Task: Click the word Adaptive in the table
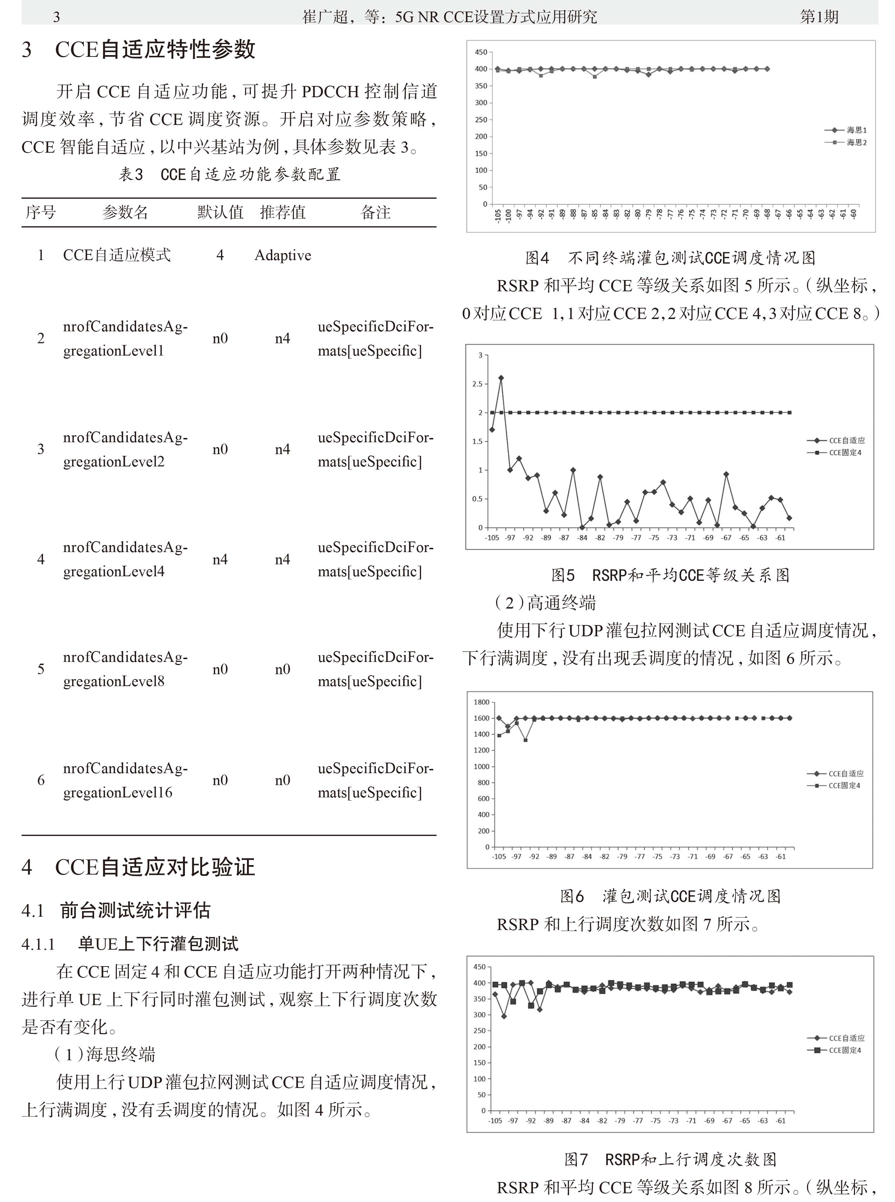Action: pos(283,255)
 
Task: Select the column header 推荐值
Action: pos(283,212)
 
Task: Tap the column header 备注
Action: pos(375,212)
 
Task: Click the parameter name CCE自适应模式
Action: pos(116,255)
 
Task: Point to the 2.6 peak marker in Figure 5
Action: pos(501,378)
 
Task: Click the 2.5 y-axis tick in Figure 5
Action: pos(477,384)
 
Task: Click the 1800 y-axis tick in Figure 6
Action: pos(481,702)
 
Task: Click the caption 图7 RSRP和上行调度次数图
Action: pos(670,1159)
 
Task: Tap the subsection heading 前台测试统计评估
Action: pos(135,910)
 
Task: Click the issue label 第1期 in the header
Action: pos(819,17)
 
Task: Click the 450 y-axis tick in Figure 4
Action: pos(481,52)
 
